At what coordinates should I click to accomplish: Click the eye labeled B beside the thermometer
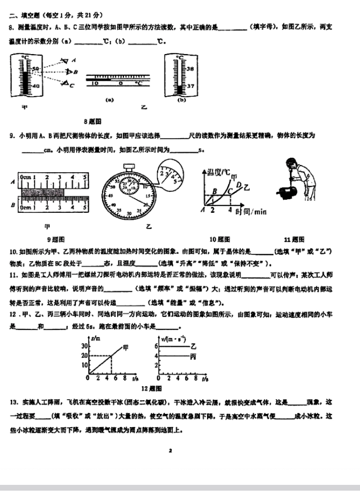tap(68, 72)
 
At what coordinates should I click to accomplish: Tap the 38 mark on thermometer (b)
tap(190, 68)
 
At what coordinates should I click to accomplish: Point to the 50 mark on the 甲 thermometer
tap(35, 69)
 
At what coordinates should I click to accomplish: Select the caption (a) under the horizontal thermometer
tap(110, 98)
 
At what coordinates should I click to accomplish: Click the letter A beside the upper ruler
tap(13, 182)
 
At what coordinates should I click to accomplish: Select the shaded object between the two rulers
tap(43, 193)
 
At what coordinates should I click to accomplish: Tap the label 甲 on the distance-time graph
tap(126, 347)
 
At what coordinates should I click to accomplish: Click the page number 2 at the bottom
tap(171, 450)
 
